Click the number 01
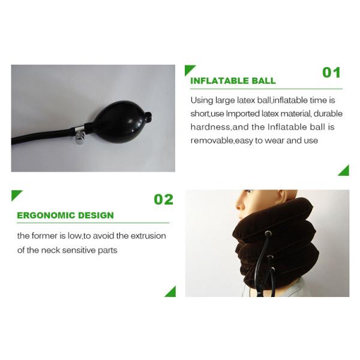(331, 73)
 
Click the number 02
(163, 199)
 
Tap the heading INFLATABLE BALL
(233, 81)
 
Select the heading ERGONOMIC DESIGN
(65, 215)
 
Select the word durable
(328, 113)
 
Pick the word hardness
(210, 127)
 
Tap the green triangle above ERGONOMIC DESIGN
(16, 194)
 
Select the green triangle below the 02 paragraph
(171, 292)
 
